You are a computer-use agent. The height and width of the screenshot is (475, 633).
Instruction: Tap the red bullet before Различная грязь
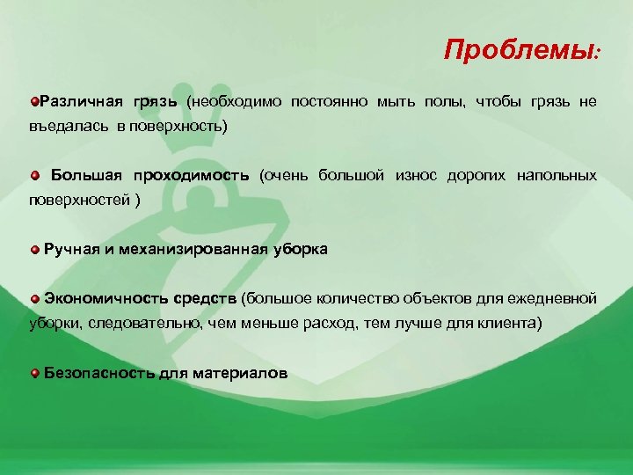(33, 101)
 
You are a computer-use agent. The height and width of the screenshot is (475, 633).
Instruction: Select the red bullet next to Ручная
(34, 250)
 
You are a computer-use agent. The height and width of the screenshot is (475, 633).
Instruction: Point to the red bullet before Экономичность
(34, 299)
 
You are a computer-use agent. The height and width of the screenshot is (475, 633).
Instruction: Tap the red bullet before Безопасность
(34, 373)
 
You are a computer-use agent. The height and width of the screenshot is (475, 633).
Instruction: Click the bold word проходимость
(194, 175)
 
